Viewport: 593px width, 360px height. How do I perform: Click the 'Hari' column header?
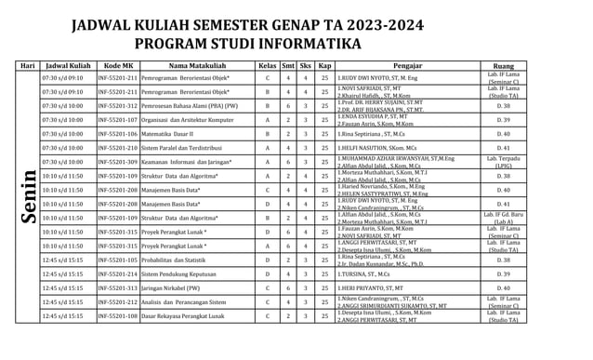point(28,67)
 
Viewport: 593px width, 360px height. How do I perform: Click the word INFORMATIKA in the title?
point(309,44)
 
